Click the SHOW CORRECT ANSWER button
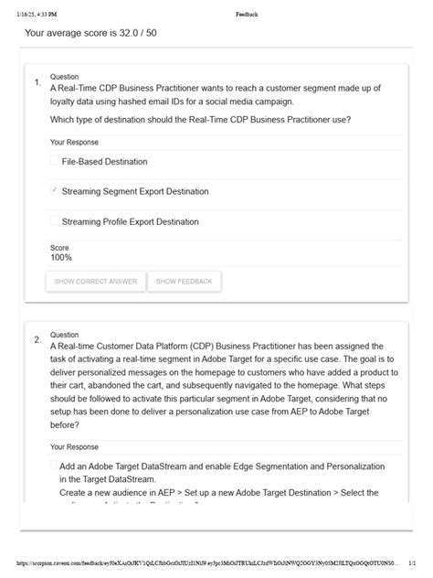point(95,282)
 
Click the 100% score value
point(61,258)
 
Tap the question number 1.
point(37,82)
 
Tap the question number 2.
point(37,340)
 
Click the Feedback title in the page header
point(247,15)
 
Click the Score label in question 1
point(59,248)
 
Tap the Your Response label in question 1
point(74,143)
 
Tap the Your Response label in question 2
point(74,447)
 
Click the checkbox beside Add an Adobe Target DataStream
point(55,466)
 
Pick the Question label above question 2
point(64,335)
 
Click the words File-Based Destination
point(104,162)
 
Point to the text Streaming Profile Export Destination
point(130,221)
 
